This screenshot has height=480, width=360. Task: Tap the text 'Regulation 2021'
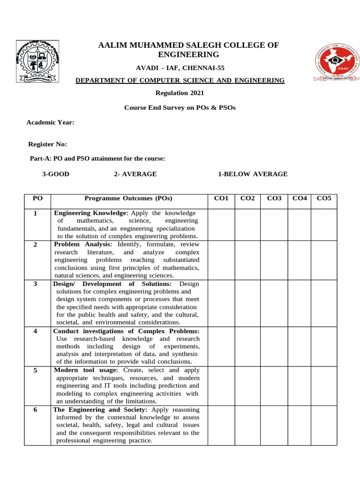click(180, 93)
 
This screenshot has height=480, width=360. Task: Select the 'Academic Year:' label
click(50, 122)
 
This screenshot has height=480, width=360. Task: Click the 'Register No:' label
click(48, 144)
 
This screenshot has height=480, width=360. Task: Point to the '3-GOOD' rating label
click(56, 174)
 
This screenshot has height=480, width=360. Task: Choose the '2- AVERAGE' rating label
click(135, 174)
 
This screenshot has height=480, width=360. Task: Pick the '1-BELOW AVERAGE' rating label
click(253, 174)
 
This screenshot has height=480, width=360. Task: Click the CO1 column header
click(221, 198)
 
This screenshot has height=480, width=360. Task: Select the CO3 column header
click(274, 198)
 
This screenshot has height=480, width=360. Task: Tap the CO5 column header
click(324, 198)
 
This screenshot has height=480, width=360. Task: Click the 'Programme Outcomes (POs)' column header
click(128, 198)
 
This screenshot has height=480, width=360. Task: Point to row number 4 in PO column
click(36, 331)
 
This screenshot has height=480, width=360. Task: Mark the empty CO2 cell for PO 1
click(247, 225)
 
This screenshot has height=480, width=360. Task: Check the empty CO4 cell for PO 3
click(299, 303)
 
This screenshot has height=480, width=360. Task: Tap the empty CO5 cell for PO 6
click(324, 425)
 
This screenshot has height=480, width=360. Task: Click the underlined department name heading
click(180, 81)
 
